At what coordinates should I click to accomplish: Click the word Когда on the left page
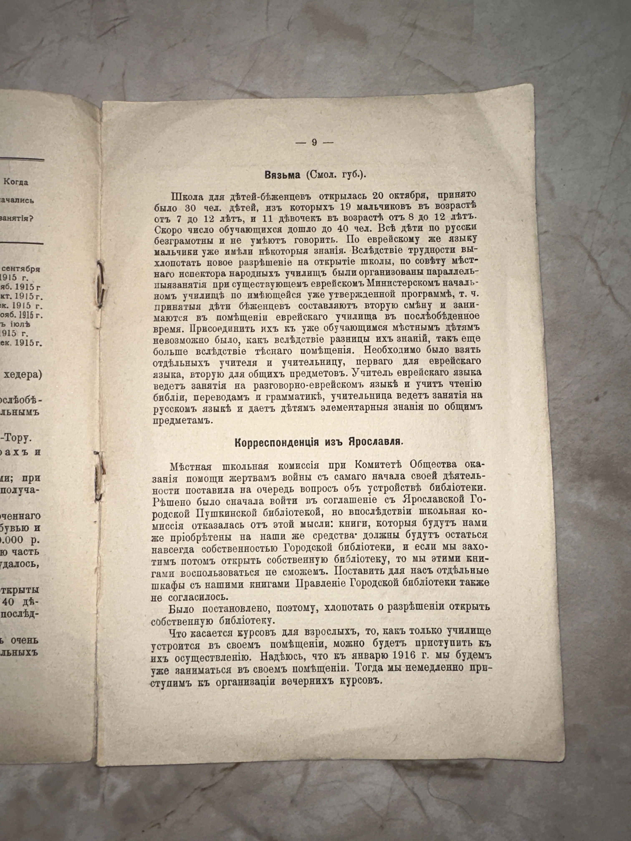(16, 182)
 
